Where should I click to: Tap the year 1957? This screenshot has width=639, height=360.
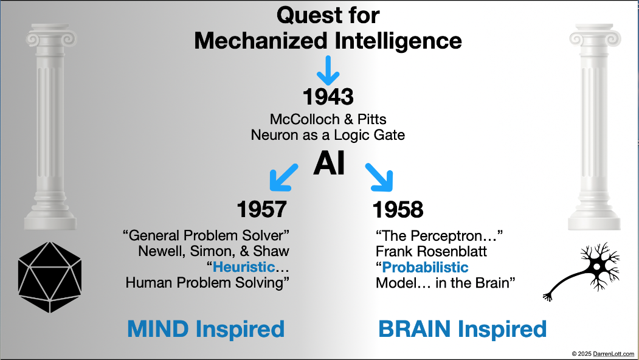pos(261,209)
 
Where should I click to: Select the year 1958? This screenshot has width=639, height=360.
pos(398,209)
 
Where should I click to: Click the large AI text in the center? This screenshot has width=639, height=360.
pos(329,165)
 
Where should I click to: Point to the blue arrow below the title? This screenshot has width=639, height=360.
pos(329,70)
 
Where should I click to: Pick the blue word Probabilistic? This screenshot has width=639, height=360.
pos(426,266)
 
